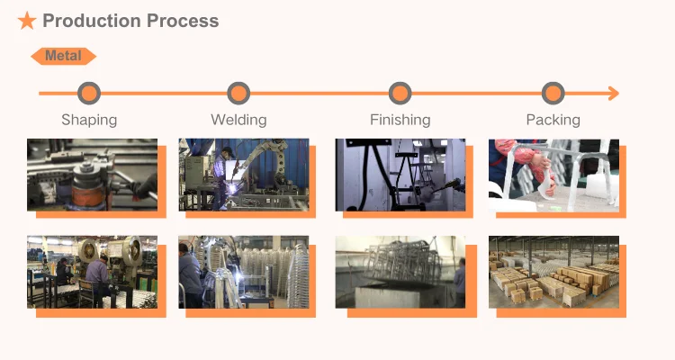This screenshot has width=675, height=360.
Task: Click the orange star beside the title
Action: point(27,21)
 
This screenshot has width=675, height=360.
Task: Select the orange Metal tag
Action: point(63,56)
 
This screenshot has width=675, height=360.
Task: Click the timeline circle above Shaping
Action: point(89,93)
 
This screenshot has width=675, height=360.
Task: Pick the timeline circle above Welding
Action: point(238,93)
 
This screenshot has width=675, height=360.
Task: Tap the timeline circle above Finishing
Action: point(400,93)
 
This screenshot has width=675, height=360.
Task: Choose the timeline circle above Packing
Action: point(553,93)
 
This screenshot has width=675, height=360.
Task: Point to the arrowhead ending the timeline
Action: point(613,93)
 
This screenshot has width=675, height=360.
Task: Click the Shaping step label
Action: point(89,120)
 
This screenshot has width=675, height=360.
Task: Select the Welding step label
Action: point(238,120)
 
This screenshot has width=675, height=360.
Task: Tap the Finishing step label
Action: point(400,120)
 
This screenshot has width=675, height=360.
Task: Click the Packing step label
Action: point(553,120)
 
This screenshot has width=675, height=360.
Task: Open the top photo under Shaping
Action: point(92,175)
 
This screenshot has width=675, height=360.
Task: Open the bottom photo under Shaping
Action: point(92,272)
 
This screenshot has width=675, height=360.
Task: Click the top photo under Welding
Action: point(243,175)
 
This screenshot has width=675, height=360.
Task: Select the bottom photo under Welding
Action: point(243,272)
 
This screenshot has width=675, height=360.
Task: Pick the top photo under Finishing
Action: point(400,175)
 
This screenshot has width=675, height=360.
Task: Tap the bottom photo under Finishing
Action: point(400,272)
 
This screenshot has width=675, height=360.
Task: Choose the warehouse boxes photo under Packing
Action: point(553,272)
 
